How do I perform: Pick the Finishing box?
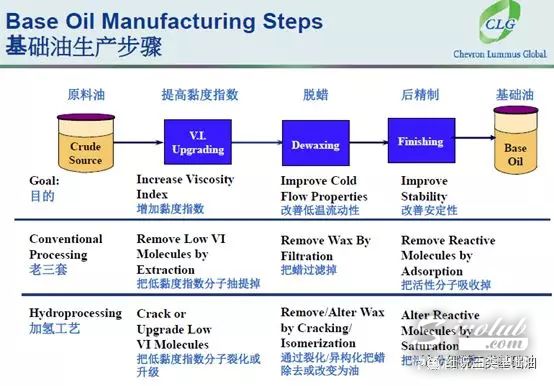(420, 143)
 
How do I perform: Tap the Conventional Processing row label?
(66, 246)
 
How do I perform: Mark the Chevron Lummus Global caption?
(509, 58)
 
